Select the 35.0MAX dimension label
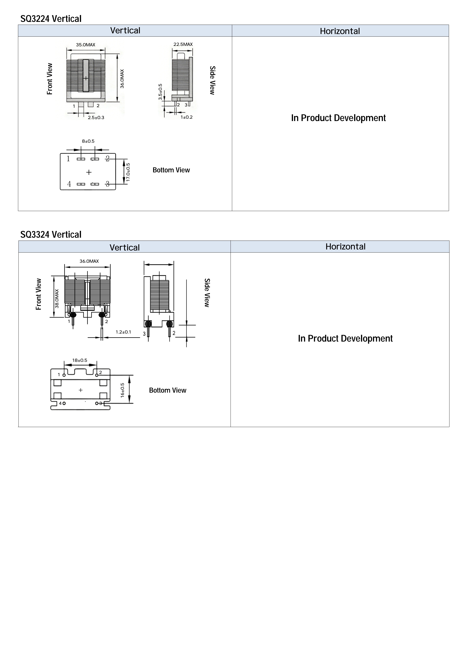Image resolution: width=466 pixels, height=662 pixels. pyautogui.click(x=86, y=45)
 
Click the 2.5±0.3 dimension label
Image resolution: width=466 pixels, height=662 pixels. pyautogui.click(x=96, y=118)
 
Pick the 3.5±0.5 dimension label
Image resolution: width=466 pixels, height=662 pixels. pyautogui.click(x=160, y=92)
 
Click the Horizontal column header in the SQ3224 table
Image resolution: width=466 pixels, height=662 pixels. pyautogui.click(x=340, y=31)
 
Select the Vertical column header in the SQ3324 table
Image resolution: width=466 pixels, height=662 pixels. pyautogui.click(x=125, y=247)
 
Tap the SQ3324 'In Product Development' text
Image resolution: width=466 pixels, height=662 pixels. pyautogui.click(x=345, y=339)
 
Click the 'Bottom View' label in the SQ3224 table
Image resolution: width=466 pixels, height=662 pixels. pyautogui.click(x=171, y=170)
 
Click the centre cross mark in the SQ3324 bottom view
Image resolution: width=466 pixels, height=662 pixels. pyautogui.click(x=81, y=390)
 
